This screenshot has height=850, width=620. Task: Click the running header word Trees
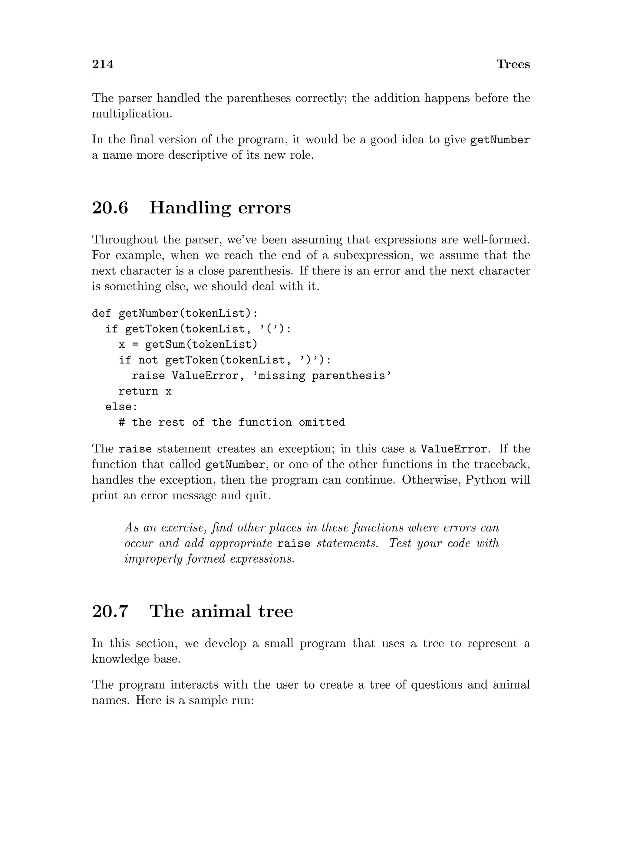tap(513, 64)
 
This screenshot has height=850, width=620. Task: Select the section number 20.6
tap(110, 208)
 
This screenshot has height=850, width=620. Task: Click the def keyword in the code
tap(102, 313)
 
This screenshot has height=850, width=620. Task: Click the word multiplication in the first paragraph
tap(132, 114)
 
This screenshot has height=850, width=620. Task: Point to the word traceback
tap(501, 465)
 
